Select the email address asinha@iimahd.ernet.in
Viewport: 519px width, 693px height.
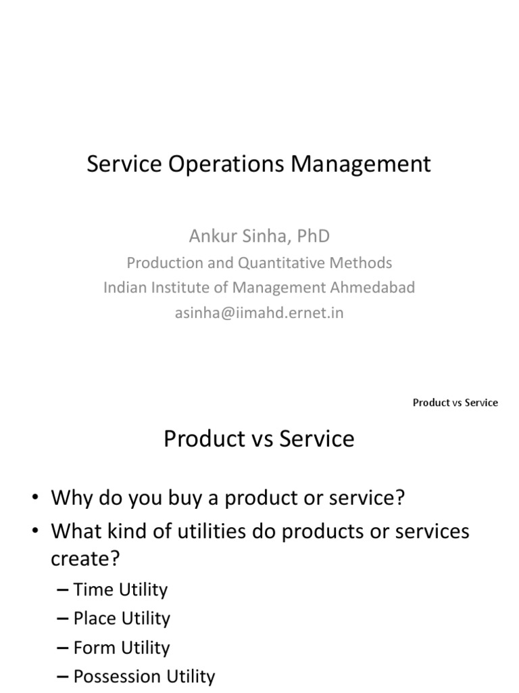[259, 313]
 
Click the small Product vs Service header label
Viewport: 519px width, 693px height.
[455, 403]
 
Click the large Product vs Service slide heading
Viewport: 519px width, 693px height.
[259, 439]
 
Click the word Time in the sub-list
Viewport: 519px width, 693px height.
[93, 589]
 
